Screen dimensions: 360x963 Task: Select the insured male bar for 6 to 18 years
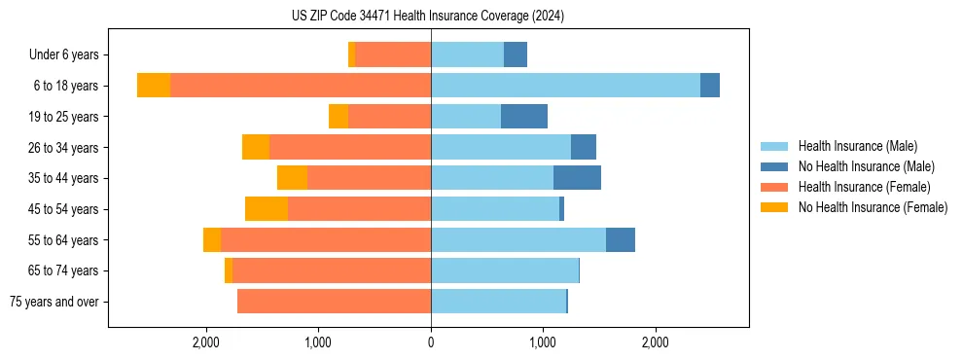pos(565,86)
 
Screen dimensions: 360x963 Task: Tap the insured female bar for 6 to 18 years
pos(301,86)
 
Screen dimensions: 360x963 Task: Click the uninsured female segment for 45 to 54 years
pos(267,209)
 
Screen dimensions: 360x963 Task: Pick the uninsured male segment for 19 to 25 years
pos(524,117)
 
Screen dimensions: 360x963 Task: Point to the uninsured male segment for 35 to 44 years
pos(577,178)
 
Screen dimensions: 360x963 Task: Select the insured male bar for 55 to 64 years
pos(518,240)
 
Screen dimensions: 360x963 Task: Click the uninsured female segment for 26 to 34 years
pos(256,147)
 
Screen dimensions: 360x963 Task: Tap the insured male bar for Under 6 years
pos(467,54)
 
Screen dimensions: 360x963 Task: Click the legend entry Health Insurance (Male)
pos(857,146)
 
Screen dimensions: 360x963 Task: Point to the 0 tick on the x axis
pos(431,342)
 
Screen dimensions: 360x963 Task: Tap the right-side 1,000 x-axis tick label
pos(543,342)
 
